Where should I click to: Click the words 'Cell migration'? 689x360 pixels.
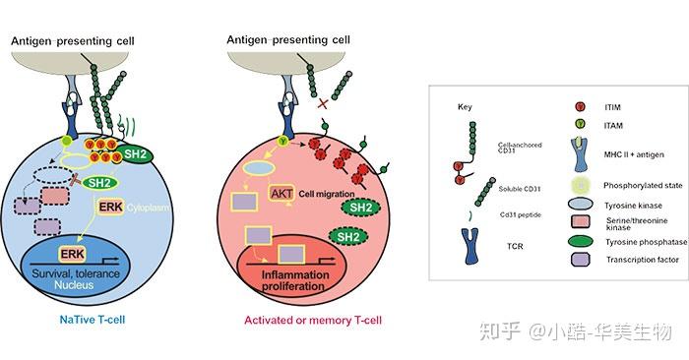tap(327, 194)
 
